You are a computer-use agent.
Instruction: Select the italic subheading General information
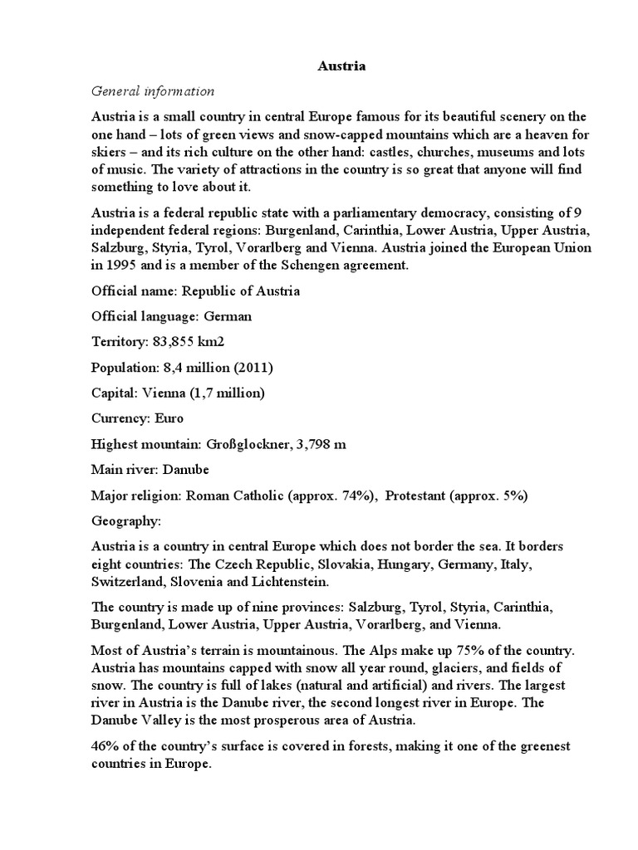(153, 91)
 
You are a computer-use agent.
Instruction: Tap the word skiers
(110, 153)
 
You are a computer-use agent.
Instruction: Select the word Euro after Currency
(169, 418)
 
